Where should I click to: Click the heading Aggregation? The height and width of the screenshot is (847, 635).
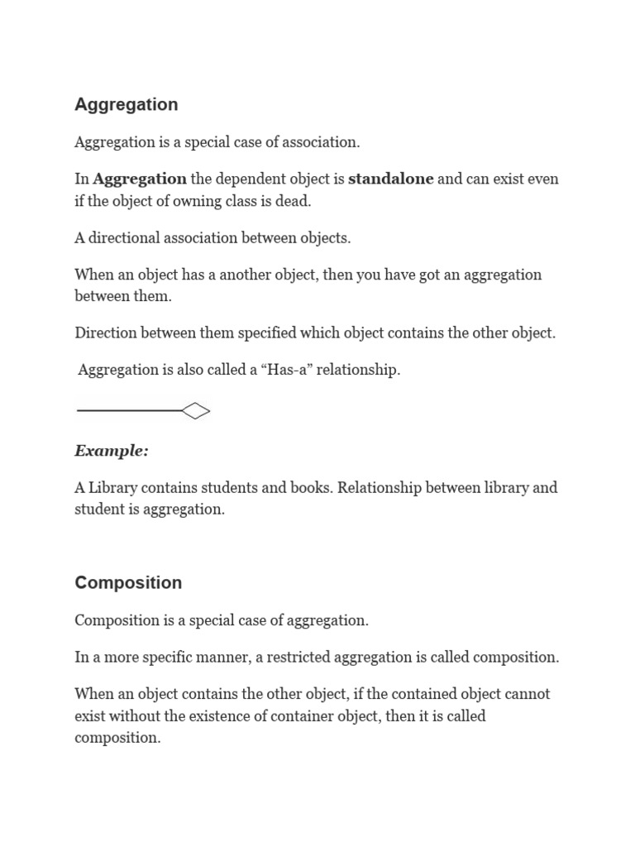(126, 105)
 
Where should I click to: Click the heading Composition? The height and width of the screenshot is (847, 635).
(128, 583)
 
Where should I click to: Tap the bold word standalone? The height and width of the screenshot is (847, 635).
(390, 179)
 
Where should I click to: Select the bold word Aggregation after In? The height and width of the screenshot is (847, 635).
(140, 179)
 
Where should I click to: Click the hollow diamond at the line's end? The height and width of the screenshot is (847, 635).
(195, 410)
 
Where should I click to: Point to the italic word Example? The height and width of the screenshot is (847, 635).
(112, 451)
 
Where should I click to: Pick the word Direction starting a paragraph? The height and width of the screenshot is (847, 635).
(105, 333)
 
